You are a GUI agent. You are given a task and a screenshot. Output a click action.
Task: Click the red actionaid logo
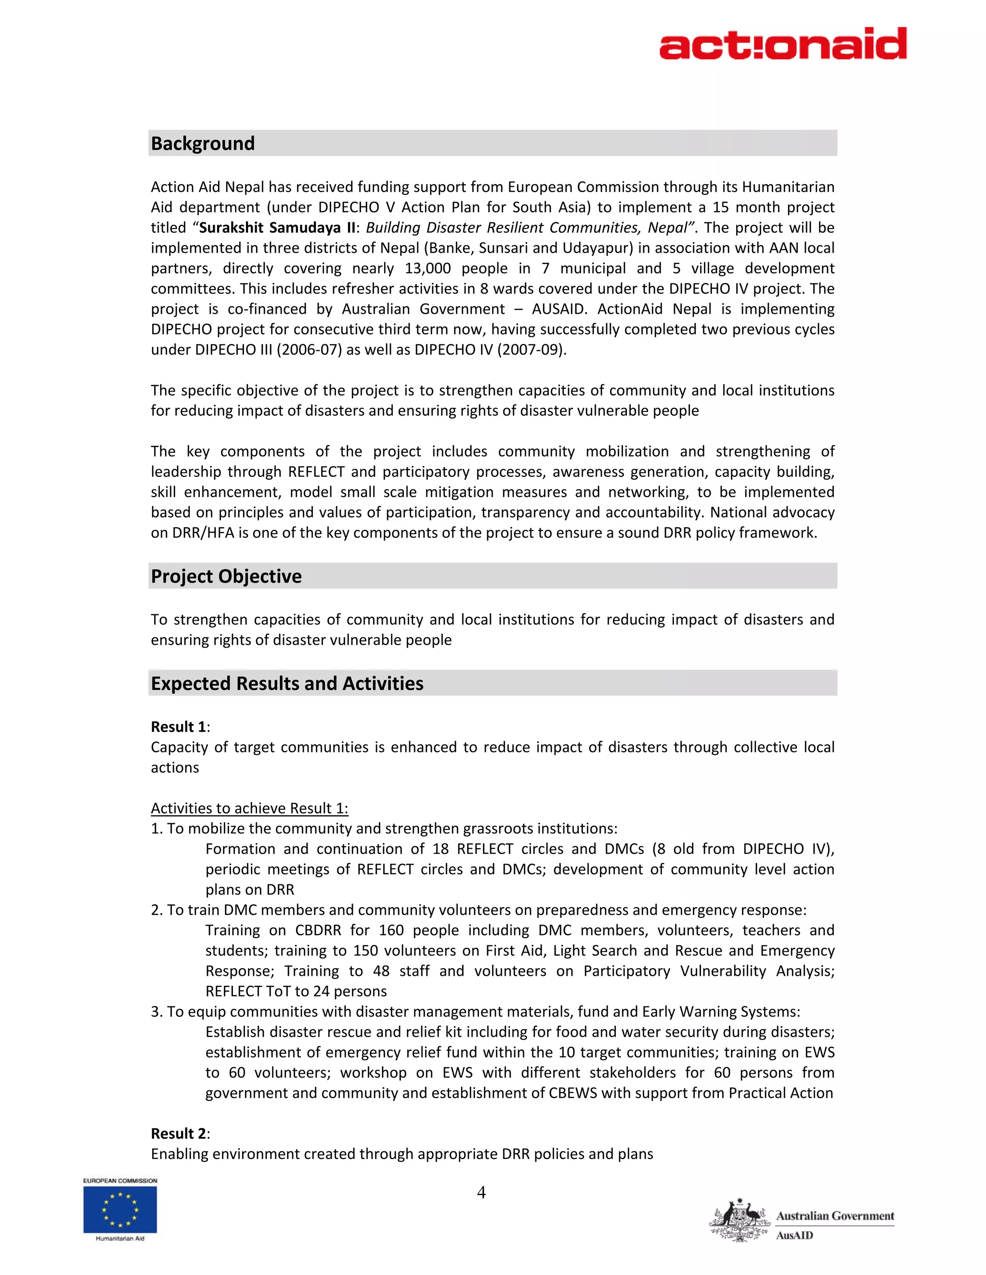pos(783,44)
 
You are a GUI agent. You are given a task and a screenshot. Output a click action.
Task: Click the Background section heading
pos(203,143)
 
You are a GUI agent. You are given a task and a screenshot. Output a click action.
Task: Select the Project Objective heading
pos(226,576)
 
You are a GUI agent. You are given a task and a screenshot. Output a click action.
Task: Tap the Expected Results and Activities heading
pos(287,684)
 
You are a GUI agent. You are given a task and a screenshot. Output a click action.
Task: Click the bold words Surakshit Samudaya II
pos(277,228)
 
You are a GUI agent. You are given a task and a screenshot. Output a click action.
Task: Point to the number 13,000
pos(428,268)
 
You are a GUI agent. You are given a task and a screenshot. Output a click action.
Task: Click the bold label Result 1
pos(178,727)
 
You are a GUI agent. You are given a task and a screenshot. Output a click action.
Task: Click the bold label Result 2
pos(178,1133)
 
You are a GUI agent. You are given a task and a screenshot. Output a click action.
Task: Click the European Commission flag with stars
pos(120,1209)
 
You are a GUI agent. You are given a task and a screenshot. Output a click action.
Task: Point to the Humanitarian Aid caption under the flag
pos(120,1238)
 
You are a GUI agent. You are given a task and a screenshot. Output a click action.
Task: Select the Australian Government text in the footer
pos(835,1216)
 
